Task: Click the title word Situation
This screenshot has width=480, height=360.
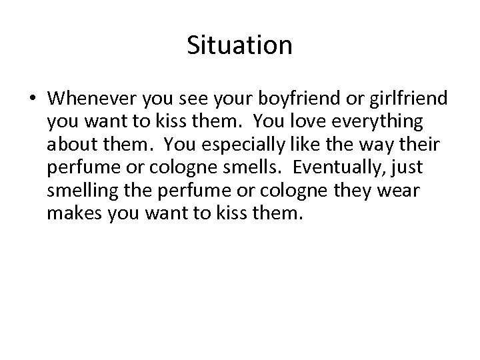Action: pos(239,46)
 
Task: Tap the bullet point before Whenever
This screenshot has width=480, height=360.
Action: pos(33,99)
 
